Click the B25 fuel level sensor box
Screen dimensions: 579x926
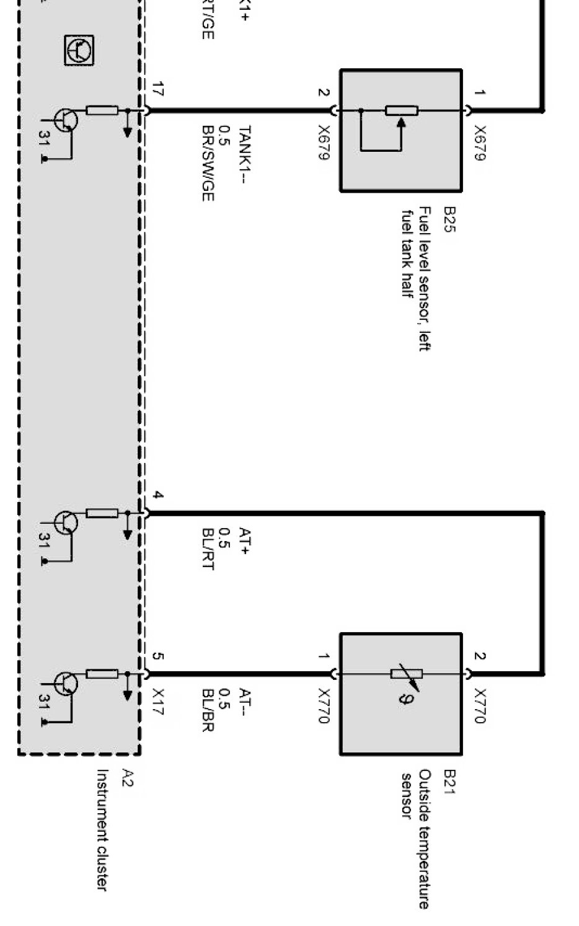(400, 130)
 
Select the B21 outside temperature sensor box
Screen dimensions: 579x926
(400, 694)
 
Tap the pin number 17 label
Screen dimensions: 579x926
(158, 89)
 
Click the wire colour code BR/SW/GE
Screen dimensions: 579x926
(208, 163)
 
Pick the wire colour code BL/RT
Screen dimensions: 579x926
(208, 549)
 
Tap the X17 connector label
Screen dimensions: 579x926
(158, 702)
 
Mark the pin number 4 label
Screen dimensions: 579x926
(158, 495)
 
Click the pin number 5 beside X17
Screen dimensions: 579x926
(158, 656)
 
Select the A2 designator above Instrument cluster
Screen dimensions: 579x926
(127, 778)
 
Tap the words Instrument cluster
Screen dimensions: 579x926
(102, 830)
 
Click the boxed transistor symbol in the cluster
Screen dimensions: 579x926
(80, 50)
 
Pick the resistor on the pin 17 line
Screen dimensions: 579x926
(102, 111)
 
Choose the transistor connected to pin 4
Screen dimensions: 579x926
(66, 523)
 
